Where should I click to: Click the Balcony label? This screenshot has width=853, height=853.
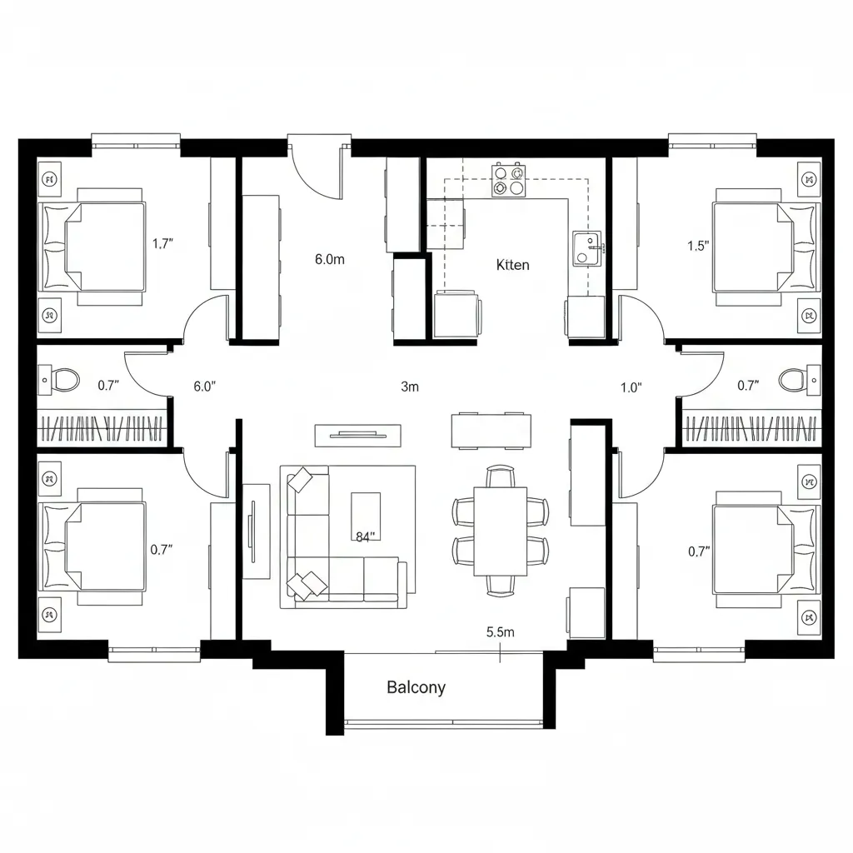[x=416, y=687]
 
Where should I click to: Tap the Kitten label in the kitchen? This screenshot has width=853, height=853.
[x=512, y=265]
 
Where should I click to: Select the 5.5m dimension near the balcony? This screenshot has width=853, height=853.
[x=500, y=631]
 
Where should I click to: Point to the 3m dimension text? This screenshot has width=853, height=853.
[x=409, y=387]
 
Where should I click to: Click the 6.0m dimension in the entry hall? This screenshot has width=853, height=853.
[x=329, y=259]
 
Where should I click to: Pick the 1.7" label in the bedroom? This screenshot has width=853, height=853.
[x=162, y=244]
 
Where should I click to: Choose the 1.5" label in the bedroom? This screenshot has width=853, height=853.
[x=698, y=246]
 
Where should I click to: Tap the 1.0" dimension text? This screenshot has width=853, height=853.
[x=631, y=387]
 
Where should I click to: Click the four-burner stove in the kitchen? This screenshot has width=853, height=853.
[x=509, y=181]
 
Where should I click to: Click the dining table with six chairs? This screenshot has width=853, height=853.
[x=500, y=531]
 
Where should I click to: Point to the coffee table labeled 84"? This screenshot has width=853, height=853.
[x=366, y=517]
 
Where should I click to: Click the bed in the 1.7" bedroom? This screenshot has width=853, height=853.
[x=93, y=246]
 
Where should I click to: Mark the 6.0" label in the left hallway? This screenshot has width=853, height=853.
[x=205, y=387]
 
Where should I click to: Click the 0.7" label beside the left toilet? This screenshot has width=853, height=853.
[x=109, y=386]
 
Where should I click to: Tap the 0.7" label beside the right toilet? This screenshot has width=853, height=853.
[x=748, y=386]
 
